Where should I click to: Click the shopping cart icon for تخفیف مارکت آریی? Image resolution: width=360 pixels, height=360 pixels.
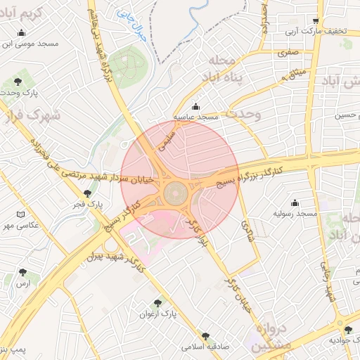coord(316,20)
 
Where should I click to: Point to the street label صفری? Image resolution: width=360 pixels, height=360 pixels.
coord(288,52)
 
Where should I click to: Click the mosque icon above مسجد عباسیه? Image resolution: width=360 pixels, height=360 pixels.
coord(195,106)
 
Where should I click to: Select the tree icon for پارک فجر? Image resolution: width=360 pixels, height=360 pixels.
coord(87,193)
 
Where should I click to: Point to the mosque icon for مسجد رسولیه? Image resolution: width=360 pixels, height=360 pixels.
coord(294,202)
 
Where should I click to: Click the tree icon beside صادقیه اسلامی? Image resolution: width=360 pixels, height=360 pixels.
coord(205,337)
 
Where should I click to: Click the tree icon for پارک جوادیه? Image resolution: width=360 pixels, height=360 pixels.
coord(347,330)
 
